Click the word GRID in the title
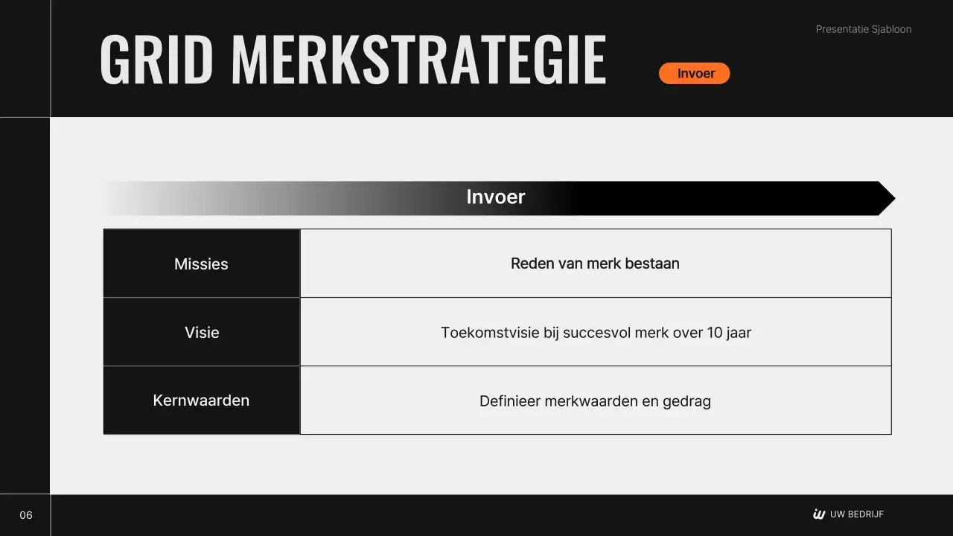(156, 60)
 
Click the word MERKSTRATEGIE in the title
(418, 60)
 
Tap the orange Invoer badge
(694, 74)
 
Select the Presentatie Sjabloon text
(863, 30)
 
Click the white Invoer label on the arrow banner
(496, 197)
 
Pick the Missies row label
(201, 264)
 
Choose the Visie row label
(202, 333)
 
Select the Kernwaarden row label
(201, 401)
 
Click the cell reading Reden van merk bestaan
(595, 264)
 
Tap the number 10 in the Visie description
(715, 333)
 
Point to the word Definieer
(510, 402)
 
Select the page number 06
(26, 515)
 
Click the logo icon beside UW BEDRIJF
(819, 514)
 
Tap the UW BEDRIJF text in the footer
(856, 514)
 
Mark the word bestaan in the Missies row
(654, 264)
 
